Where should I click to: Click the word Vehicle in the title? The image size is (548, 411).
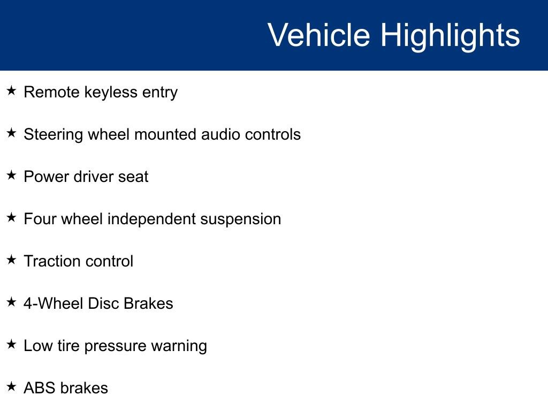tap(318, 35)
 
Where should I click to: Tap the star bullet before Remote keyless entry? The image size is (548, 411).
tap(12, 91)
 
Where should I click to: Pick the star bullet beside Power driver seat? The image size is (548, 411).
tap(12, 176)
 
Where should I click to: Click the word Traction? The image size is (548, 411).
tap(51, 261)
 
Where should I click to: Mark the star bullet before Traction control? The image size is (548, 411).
tap(12, 260)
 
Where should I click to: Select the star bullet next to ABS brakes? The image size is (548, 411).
tap(12, 387)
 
